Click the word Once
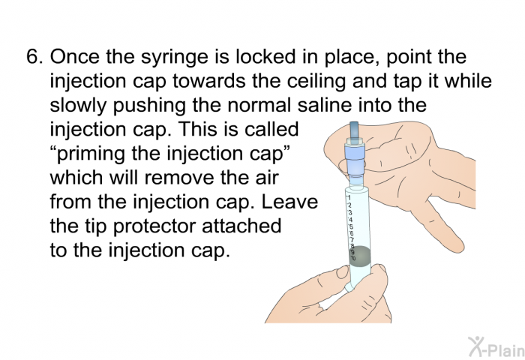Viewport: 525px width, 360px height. point(74,56)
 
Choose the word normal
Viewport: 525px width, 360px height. point(259,105)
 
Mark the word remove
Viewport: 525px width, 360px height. point(179,178)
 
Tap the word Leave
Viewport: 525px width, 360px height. point(289,202)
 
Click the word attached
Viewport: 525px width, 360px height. point(241,226)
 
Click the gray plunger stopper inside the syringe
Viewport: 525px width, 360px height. point(360,256)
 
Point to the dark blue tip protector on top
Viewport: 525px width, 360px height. point(353,131)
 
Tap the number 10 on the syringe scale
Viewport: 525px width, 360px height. point(353,258)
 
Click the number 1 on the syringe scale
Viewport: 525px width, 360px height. point(349,197)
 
